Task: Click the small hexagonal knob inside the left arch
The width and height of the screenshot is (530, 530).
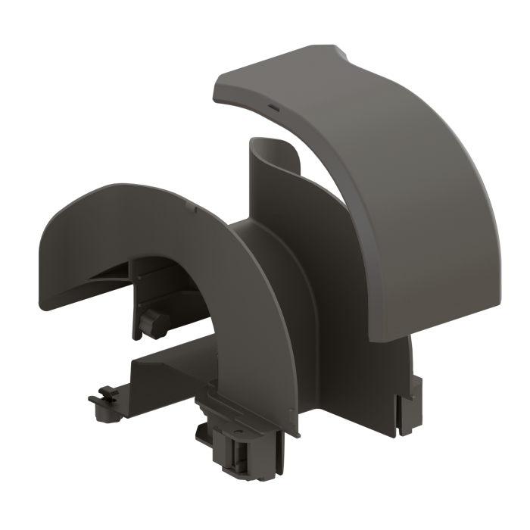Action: point(155,322)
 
